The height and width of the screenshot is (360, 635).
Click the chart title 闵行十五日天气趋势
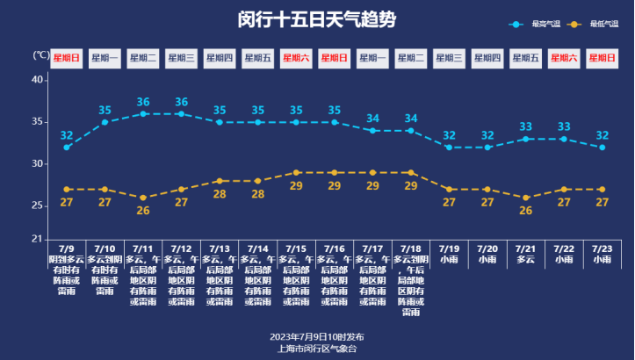[x=317, y=19]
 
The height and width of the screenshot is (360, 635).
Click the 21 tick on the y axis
[x=38, y=239]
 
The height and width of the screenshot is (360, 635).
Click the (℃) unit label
[x=41, y=54]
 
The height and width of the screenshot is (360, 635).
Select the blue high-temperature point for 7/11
[x=143, y=113]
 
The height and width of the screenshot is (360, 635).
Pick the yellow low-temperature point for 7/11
[x=143, y=198]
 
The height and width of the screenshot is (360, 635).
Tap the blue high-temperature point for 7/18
[x=411, y=130]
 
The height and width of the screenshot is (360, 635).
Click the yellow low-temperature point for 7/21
[x=525, y=198]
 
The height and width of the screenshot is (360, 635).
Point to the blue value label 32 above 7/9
[x=67, y=135]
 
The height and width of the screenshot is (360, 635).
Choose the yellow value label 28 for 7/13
[x=220, y=194]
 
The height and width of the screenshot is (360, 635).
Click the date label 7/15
[x=296, y=249]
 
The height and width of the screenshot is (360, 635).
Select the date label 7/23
[x=602, y=249]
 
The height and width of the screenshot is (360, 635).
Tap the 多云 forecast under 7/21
[x=525, y=260]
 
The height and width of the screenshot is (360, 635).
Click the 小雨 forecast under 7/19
[x=449, y=260]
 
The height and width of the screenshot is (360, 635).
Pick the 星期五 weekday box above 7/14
[x=257, y=58]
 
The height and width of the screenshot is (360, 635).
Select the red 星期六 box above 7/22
[x=563, y=58]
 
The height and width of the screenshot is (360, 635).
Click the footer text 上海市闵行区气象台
[x=317, y=349]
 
